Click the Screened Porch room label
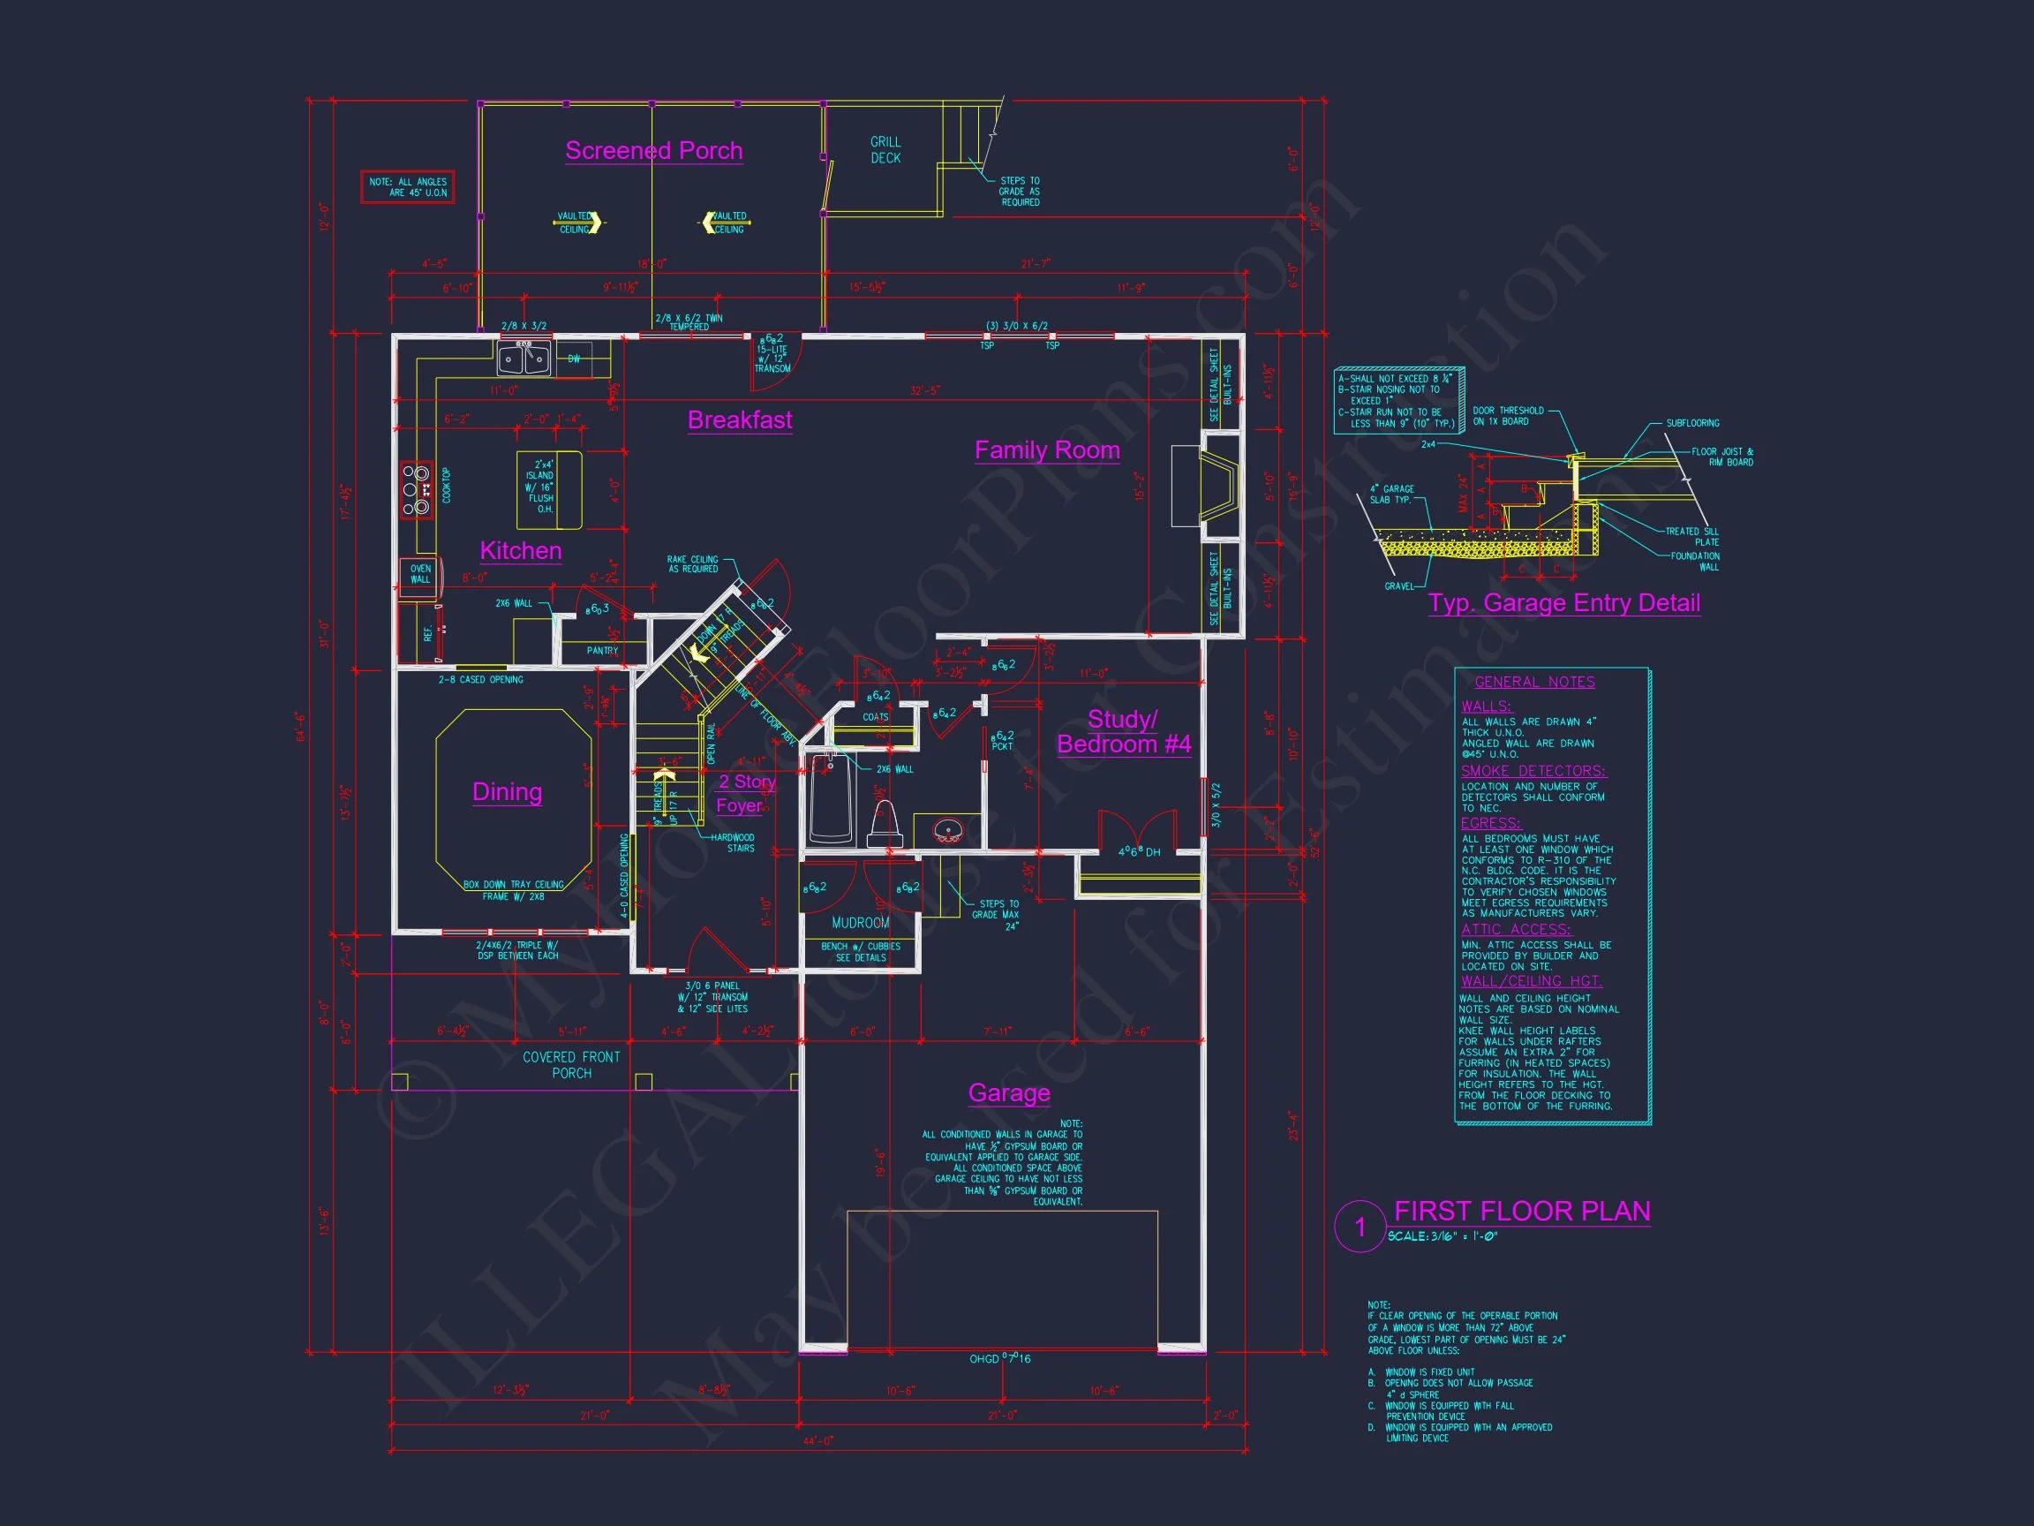[653, 151]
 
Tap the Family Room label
[1046, 449]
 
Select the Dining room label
[507, 792]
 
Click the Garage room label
[1009, 1092]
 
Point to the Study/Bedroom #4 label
[1123, 732]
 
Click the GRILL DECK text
[885, 150]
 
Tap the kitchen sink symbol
[524, 359]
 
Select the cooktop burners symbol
[416, 490]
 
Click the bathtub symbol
[831, 798]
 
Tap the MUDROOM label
[861, 923]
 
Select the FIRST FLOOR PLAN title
[1522, 1212]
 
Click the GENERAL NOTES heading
[1534, 682]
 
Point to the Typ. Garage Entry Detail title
[1563, 603]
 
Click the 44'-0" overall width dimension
[817, 1441]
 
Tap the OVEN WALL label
[420, 574]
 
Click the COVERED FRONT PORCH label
[571, 1065]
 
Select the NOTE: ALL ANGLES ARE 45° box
[407, 186]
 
